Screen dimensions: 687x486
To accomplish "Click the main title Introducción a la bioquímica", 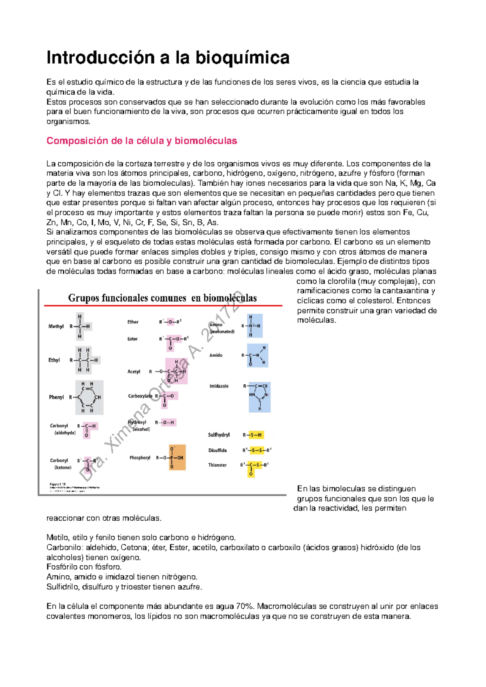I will (168, 57).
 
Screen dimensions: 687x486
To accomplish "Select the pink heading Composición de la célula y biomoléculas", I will (142, 141).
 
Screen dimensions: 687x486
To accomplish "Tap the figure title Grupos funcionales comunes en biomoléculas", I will (162, 298).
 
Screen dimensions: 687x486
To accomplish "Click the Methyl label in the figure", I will (56, 327).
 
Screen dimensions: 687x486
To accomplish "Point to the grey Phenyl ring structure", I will (89, 397).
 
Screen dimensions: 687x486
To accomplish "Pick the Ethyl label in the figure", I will (54, 360).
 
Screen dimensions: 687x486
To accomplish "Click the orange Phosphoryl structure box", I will (177, 457).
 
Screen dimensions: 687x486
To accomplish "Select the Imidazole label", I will (219, 386).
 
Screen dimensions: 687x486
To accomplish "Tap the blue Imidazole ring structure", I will (259, 397).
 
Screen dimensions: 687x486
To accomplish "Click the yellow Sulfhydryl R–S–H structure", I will (253, 435).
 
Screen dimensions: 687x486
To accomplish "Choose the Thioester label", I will (217, 465).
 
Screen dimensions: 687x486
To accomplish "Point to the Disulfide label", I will (217, 450).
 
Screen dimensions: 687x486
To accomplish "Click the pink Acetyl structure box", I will (176, 371).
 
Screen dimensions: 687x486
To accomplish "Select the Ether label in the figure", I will (133, 322).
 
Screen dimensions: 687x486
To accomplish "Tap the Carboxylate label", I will (140, 396).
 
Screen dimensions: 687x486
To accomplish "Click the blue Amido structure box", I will (257, 356).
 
